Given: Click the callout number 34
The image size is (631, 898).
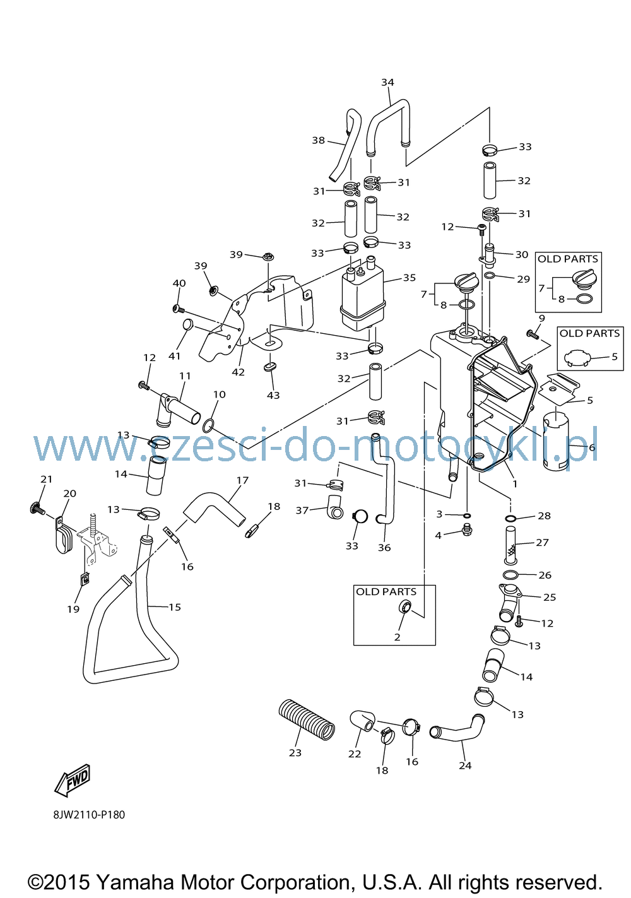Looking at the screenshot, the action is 387,82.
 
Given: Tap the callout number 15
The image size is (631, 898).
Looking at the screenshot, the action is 175,607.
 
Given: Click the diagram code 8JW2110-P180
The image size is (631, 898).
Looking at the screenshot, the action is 89,815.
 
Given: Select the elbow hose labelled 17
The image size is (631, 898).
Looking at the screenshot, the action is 214,510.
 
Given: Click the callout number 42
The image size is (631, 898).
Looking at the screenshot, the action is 238,372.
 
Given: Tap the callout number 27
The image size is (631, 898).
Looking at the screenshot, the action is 542,543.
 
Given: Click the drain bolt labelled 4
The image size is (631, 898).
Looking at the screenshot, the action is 467,529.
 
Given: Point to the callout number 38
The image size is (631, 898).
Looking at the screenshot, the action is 318,140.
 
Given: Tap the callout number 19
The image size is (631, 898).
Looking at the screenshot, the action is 73,609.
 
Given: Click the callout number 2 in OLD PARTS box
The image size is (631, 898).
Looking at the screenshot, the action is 397,637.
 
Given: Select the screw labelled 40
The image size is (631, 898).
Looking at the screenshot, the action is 179,309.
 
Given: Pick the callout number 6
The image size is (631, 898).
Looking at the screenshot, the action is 592,447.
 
